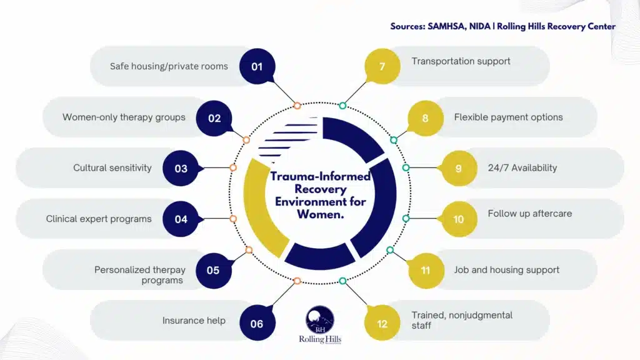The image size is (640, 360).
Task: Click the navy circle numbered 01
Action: click(257, 66)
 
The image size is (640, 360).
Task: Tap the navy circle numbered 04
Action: click(181, 219)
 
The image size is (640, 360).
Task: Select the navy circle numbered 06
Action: click(257, 324)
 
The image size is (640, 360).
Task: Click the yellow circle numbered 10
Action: click(459, 219)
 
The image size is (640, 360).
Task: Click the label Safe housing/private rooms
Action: click(169, 66)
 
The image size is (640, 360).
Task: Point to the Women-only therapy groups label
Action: click(124, 117)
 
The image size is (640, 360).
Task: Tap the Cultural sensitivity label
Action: click(112, 167)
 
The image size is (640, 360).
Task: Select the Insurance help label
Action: click(194, 321)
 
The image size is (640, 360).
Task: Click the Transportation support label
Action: click(461, 61)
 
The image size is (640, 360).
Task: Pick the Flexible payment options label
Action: click(508, 117)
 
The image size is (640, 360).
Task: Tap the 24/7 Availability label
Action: click(522, 167)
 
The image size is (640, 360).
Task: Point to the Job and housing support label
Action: click(506, 270)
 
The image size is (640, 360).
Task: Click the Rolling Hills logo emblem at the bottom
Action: click(319, 319)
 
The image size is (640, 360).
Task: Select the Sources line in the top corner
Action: click(502, 26)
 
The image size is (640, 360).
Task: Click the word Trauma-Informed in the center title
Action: click(321, 177)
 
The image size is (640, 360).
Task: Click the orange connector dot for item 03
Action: click(233, 167)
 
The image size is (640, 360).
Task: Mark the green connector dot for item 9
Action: click(406, 167)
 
